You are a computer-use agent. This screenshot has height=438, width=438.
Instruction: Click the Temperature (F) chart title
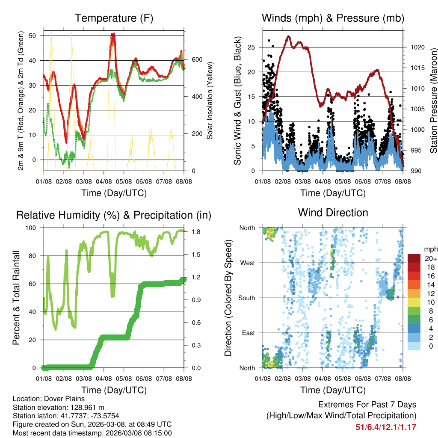click(x=114, y=18)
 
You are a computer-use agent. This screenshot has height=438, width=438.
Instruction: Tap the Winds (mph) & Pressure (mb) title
click(x=333, y=18)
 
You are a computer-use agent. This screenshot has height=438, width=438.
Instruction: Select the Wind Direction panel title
click(x=333, y=213)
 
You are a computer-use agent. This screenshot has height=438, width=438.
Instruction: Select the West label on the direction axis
click(x=247, y=263)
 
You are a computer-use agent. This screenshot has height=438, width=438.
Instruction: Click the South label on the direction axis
click(x=246, y=298)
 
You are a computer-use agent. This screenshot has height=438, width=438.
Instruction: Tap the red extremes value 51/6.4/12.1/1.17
click(x=386, y=427)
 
